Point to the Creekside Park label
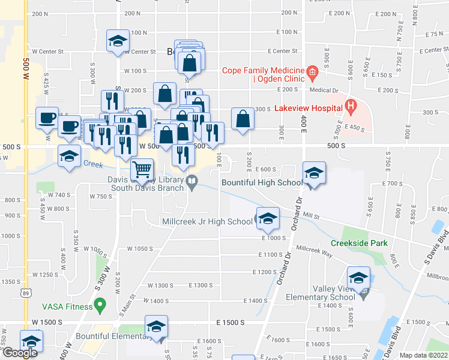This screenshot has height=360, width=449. point(359,243)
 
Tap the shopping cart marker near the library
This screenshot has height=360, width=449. point(142,169)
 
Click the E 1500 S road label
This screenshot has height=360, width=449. point(231,322)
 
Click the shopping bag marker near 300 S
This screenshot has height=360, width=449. point(242,118)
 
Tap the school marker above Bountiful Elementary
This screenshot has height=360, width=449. point(156,326)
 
